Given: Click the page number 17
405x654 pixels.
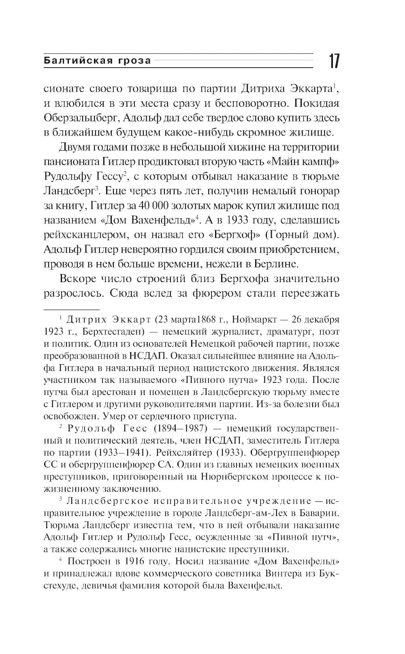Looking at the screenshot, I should coord(334,61).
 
